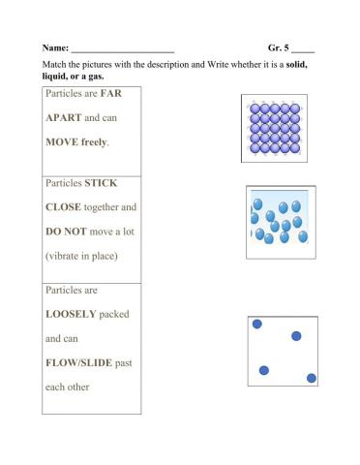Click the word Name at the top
[x=54, y=47]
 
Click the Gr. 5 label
[x=281, y=47]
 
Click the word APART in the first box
[x=64, y=118]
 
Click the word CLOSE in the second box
[x=65, y=207]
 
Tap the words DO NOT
[x=69, y=232]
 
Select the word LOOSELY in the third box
[x=75, y=315]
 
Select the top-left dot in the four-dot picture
[x=258, y=325]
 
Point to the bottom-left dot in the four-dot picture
[x=263, y=370]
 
